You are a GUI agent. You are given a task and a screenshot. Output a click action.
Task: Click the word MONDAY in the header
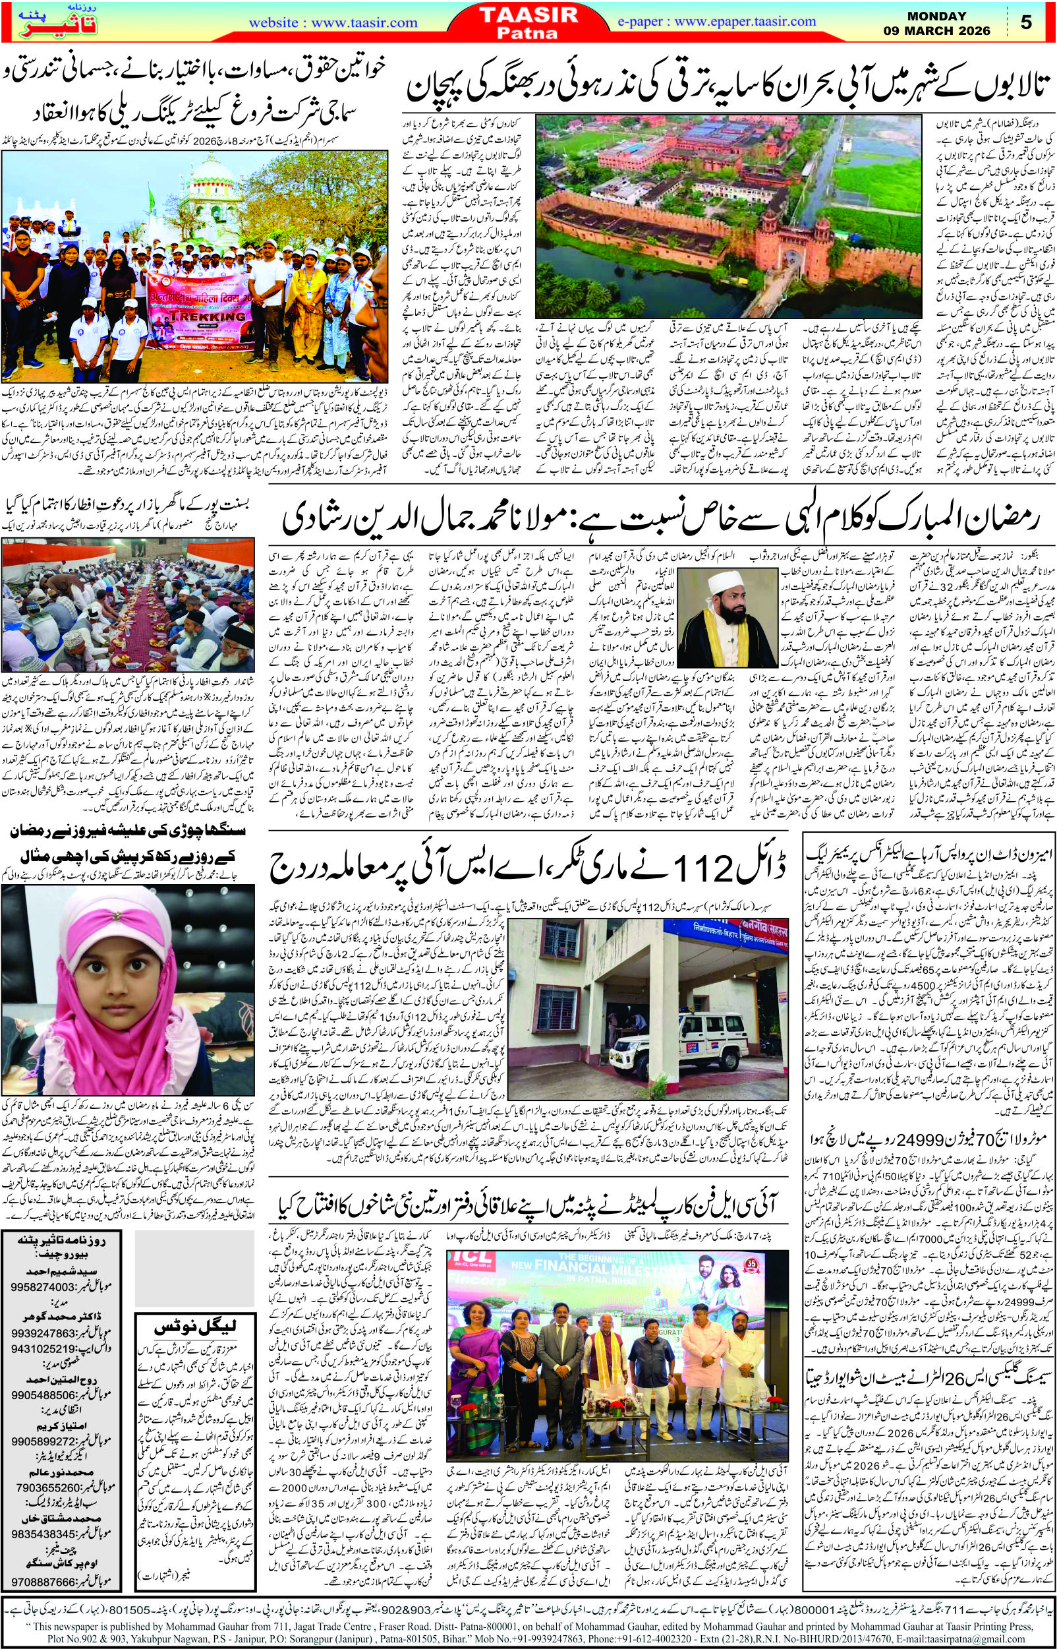coord(947,15)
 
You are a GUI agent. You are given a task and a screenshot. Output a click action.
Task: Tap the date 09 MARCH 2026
coord(948,30)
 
